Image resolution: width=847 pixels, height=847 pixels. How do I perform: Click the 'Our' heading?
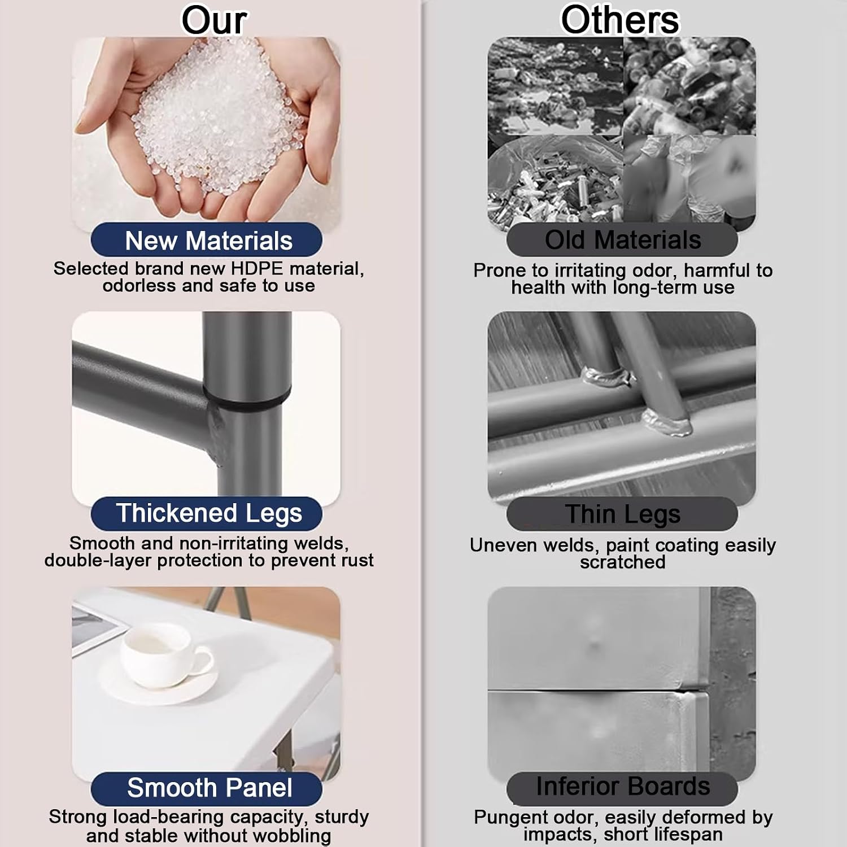[x=213, y=20]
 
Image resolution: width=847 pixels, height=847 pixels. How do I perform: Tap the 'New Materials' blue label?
[x=207, y=240]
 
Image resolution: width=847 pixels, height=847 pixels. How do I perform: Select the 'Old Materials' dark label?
[x=622, y=240]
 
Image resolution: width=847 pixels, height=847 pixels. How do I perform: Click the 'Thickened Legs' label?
[x=207, y=513]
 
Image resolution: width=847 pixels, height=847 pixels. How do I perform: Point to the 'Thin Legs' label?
[x=622, y=514]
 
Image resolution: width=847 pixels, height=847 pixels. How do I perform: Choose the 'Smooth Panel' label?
[x=207, y=788]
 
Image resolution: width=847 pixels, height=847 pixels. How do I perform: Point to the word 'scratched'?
[x=623, y=562]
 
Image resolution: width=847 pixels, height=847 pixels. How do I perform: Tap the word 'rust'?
[x=356, y=560]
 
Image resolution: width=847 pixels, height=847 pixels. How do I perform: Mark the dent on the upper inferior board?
[x=594, y=644]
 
